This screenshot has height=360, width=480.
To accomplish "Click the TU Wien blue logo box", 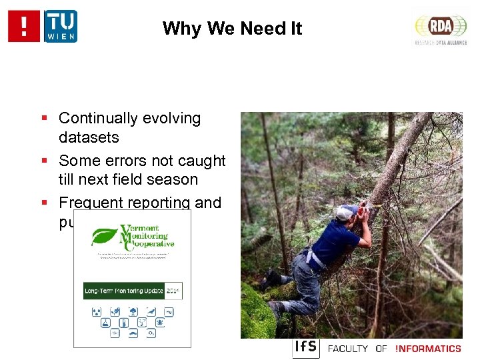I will coord(61,26).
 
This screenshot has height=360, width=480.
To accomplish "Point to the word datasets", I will coord(89,138).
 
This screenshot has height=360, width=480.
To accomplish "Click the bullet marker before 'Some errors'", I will coord(44,161).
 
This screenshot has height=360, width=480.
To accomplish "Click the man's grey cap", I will coord(344,212).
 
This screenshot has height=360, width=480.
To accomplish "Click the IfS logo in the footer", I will coord(306,348).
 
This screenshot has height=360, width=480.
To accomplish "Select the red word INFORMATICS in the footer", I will coord(428,349).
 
